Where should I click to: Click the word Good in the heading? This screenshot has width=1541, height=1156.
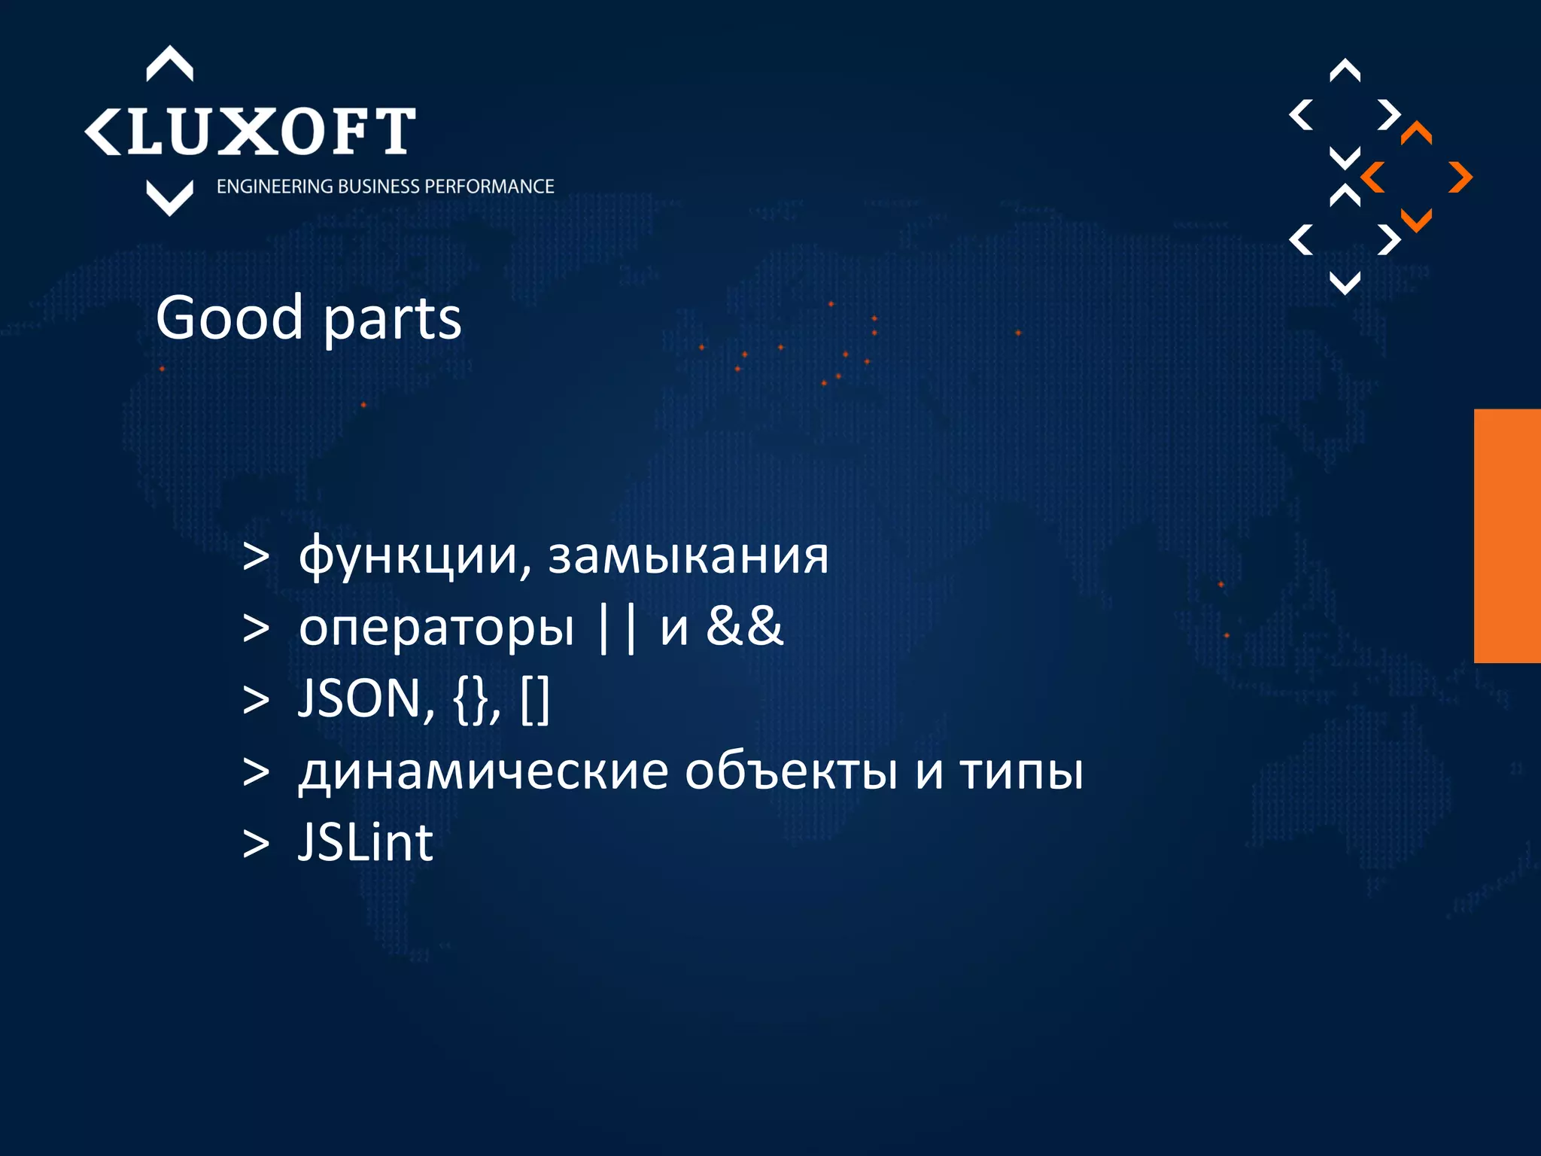tap(229, 318)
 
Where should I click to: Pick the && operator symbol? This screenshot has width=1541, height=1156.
tap(745, 626)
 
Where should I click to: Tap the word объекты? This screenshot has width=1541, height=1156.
tap(791, 771)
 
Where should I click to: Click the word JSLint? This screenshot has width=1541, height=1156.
tap(366, 842)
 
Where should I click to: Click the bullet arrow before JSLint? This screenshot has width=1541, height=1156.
tap(256, 844)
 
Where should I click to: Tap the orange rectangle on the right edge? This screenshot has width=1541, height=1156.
tap(1507, 536)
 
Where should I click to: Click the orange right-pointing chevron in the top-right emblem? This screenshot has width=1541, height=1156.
tap(1461, 178)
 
